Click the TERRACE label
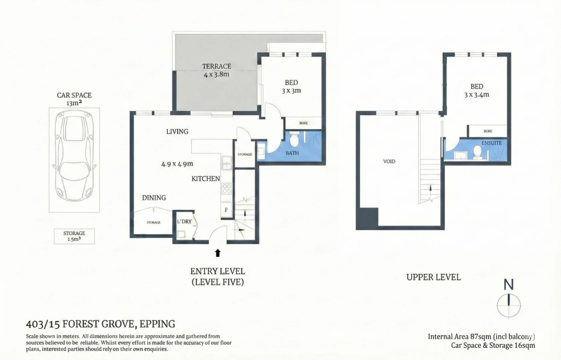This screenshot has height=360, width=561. click(x=216, y=66)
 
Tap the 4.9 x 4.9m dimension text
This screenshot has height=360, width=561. click(x=177, y=164)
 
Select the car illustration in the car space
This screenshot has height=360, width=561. click(x=74, y=156)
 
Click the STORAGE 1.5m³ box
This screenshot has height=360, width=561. click(x=74, y=236)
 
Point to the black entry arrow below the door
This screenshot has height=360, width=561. click(x=217, y=253)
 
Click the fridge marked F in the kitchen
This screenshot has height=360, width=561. click(x=226, y=210)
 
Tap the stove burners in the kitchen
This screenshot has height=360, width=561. click(x=227, y=188)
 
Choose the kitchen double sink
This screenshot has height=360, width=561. click(x=227, y=163)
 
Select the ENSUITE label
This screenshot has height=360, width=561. click(x=491, y=143)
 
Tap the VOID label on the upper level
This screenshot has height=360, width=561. click(x=389, y=161)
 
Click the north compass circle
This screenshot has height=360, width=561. click(x=508, y=305)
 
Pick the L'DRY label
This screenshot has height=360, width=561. click(x=184, y=221)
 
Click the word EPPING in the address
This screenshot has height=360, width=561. click(x=157, y=324)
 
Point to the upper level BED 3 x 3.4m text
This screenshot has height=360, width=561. click(x=477, y=91)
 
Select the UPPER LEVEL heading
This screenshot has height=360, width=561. click(x=433, y=277)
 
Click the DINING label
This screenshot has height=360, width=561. click(x=154, y=198)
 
